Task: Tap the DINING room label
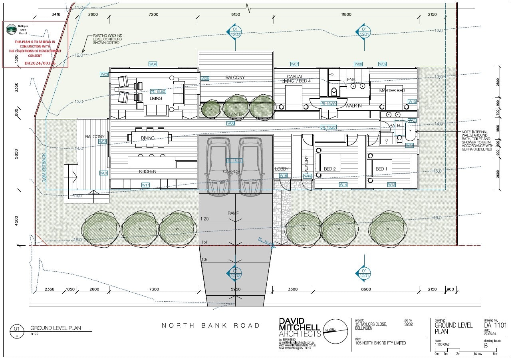(148, 138)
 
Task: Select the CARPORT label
(232, 171)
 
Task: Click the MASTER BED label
(392, 91)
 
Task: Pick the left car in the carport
(218, 166)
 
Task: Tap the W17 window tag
(145, 185)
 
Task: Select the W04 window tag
(153, 64)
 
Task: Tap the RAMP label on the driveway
(234, 213)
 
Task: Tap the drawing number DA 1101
(494, 325)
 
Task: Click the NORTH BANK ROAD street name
(210, 325)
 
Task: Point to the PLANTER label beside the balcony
(235, 114)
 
